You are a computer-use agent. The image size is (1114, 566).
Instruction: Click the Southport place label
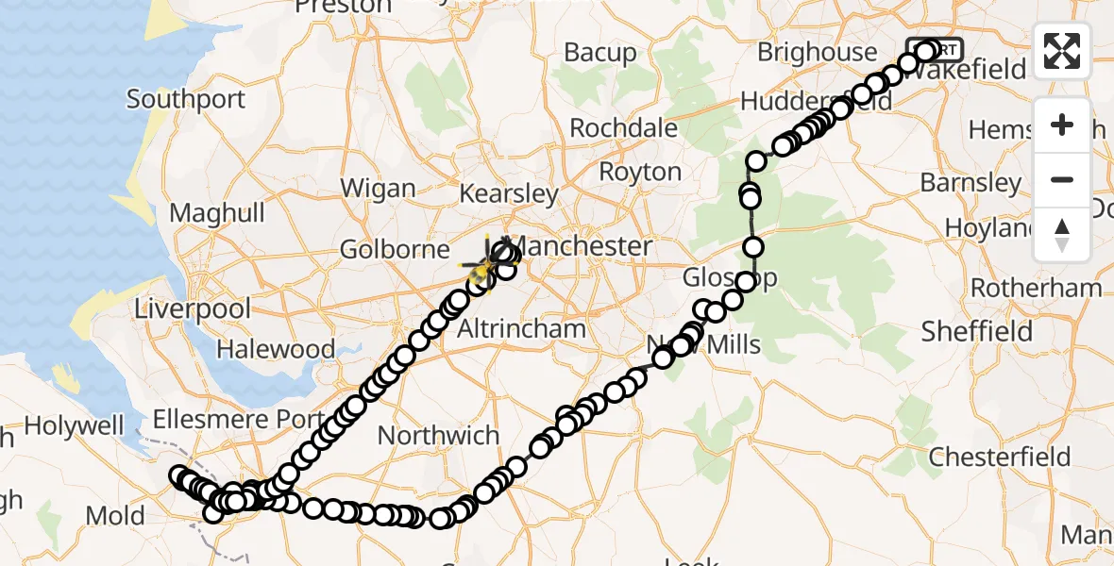[x=186, y=99]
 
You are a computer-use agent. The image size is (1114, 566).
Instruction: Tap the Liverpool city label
[x=193, y=308]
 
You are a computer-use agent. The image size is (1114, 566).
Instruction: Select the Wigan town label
[x=378, y=188]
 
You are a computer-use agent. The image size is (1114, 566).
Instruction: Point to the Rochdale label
[x=624, y=127]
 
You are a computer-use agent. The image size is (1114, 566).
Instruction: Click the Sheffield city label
[x=976, y=332]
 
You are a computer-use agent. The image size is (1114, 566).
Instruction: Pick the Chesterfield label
[x=1000, y=458]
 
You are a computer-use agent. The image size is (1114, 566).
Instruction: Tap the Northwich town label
[x=438, y=436]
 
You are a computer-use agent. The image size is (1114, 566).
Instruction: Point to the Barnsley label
[x=971, y=182]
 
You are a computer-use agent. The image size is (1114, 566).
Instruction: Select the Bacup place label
[x=600, y=53]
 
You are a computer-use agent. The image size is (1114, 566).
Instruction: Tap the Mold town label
[x=114, y=516]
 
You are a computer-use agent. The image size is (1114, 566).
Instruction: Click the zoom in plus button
[x=1062, y=125]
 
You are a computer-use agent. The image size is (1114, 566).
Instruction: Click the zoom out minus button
[x=1062, y=179]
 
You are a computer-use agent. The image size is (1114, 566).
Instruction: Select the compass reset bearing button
[x=1062, y=234]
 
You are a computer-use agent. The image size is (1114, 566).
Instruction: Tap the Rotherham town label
[x=1036, y=288]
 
